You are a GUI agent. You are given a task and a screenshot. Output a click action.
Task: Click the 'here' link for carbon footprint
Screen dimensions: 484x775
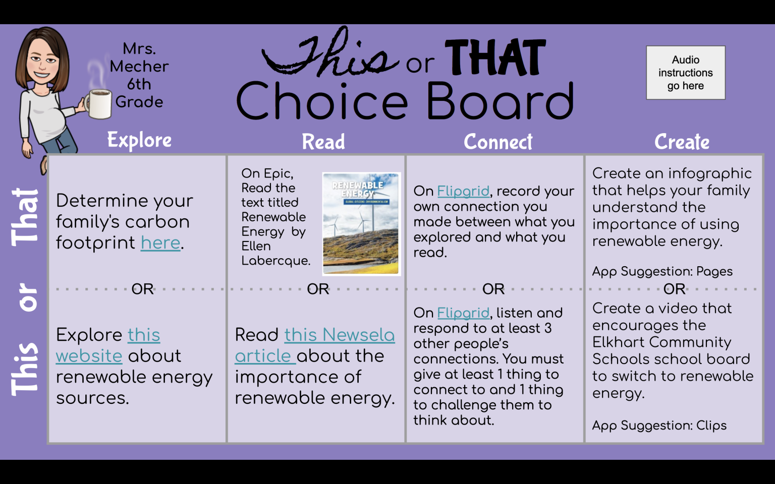[x=160, y=243]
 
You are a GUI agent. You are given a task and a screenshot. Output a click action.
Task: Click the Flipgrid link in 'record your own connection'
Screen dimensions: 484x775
[x=463, y=192]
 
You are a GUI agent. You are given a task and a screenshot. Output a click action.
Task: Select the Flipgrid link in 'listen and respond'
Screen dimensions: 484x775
[x=463, y=313]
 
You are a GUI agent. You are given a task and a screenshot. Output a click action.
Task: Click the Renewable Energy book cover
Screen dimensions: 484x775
[x=361, y=224]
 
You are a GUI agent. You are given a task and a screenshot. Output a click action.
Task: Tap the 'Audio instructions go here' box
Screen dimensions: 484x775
[x=685, y=73]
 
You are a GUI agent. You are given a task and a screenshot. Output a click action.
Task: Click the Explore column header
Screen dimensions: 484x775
[x=139, y=140]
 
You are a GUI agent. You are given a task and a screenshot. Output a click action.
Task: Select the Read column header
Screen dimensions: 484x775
[x=323, y=142]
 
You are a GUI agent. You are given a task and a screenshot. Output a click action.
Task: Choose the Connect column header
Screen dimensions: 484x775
[x=498, y=142]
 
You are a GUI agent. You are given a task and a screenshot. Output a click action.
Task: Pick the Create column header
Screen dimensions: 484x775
[x=682, y=142]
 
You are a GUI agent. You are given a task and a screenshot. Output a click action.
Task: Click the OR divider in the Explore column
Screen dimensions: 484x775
[x=142, y=289]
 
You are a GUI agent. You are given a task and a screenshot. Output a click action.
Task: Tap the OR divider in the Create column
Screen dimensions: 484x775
[x=674, y=289]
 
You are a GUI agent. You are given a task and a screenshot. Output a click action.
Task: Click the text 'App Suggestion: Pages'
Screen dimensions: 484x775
[x=662, y=271]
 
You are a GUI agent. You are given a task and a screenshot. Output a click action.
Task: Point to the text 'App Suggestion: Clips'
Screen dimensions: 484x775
[x=659, y=426]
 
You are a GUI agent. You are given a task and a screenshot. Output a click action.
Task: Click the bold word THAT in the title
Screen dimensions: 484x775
[x=495, y=58]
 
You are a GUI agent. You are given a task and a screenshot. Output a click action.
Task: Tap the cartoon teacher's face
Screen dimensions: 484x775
[x=42, y=63]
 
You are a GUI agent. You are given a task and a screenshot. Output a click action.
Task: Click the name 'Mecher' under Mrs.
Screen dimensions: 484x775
[x=139, y=67]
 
